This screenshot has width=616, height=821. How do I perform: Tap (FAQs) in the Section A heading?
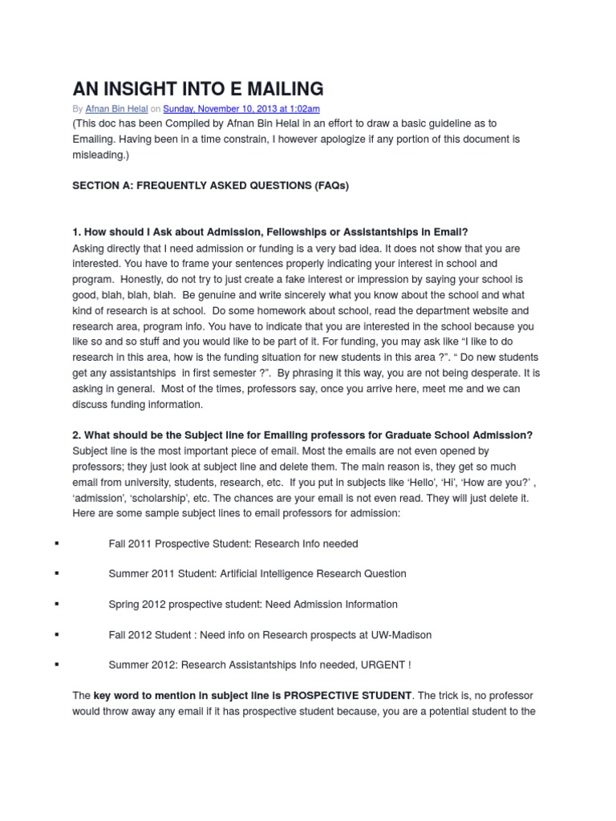click(330, 185)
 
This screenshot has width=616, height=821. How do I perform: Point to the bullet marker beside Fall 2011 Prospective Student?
click(57, 544)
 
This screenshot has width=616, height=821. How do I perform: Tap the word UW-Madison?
click(401, 635)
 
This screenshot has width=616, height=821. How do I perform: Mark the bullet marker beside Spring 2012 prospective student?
click(57, 605)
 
